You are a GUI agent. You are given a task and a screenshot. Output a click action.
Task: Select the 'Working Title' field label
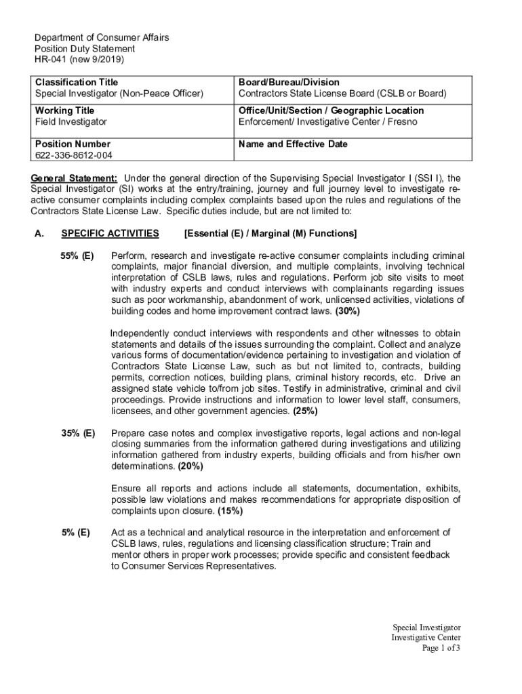(65, 110)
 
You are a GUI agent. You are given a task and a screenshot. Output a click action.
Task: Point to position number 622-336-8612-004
(74, 155)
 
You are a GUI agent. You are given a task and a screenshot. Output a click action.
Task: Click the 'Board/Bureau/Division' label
(289, 82)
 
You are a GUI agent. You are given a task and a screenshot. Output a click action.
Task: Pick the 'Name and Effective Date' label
(293, 144)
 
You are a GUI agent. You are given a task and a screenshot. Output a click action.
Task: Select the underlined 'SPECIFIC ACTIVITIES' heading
(110, 234)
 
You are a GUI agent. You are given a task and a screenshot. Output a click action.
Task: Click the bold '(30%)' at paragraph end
(348, 311)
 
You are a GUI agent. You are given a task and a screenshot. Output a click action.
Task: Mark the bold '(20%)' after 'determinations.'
(190, 466)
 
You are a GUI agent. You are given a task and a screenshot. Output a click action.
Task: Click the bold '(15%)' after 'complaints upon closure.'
(230, 511)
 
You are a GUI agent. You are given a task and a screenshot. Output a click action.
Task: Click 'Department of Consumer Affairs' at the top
(102, 38)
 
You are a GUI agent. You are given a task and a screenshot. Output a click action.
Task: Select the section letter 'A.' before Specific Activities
(39, 234)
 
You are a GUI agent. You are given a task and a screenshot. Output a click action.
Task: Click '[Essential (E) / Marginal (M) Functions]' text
(270, 234)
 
